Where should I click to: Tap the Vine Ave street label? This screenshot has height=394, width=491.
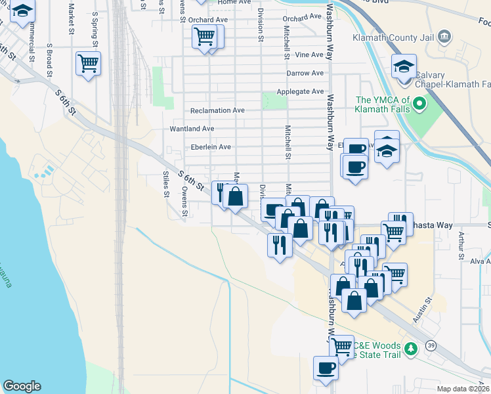point(309,55)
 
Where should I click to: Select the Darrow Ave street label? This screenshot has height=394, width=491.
point(305,74)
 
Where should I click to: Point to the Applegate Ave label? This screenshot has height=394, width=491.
point(300,92)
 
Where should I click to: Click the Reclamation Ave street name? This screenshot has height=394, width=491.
point(217,111)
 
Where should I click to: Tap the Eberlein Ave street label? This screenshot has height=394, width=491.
point(210,147)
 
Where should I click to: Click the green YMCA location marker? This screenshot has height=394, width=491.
point(419,104)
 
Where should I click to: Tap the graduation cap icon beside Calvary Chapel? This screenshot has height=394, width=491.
point(404,66)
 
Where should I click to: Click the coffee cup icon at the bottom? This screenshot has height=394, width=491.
point(326,367)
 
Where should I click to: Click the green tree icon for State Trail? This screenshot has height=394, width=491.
point(410,348)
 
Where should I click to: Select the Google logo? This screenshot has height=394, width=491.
point(22,386)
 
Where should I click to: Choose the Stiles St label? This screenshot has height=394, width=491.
point(166,185)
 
